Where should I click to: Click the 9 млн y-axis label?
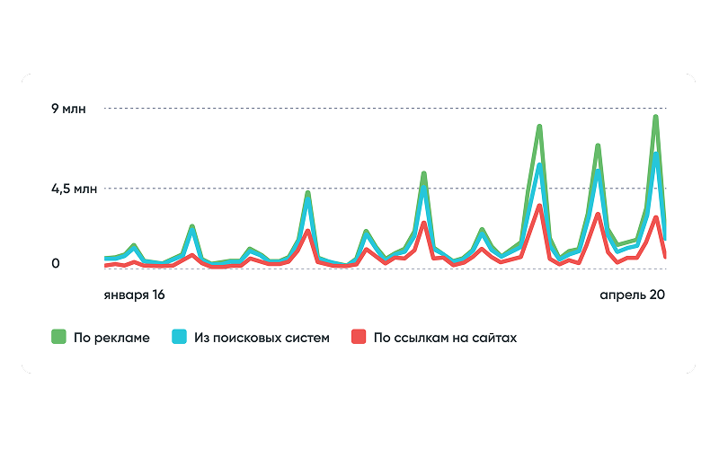[x=69, y=109]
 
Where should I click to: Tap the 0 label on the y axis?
[x=56, y=264]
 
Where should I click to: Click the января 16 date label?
[x=134, y=295]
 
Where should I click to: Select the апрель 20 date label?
[x=632, y=295]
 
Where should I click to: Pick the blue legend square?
[x=180, y=338]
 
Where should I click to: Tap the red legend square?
[x=359, y=338]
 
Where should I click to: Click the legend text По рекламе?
[x=111, y=339]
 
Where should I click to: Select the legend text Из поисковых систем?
[x=262, y=339]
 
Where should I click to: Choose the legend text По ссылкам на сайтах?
[x=445, y=339]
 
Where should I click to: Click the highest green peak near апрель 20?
[x=656, y=117]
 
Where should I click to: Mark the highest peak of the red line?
[x=539, y=207]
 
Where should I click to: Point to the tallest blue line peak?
[x=656, y=154]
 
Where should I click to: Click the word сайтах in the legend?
[x=494, y=339]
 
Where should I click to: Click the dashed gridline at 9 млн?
[x=359, y=109]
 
